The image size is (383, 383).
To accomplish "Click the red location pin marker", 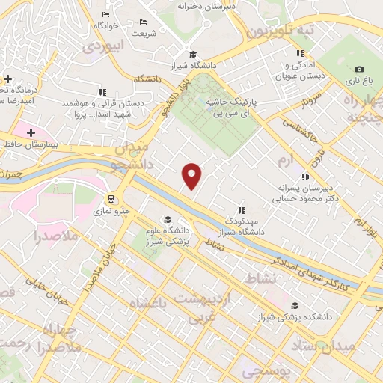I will (x=192, y=176).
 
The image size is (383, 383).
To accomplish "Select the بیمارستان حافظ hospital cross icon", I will (x=30, y=133).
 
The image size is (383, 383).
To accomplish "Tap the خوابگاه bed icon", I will (x=105, y=14).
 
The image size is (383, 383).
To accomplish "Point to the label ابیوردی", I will (x=100, y=46).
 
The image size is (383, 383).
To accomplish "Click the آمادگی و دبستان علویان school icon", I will (x=300, y=54).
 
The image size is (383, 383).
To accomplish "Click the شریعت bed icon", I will (x=143, y=22).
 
